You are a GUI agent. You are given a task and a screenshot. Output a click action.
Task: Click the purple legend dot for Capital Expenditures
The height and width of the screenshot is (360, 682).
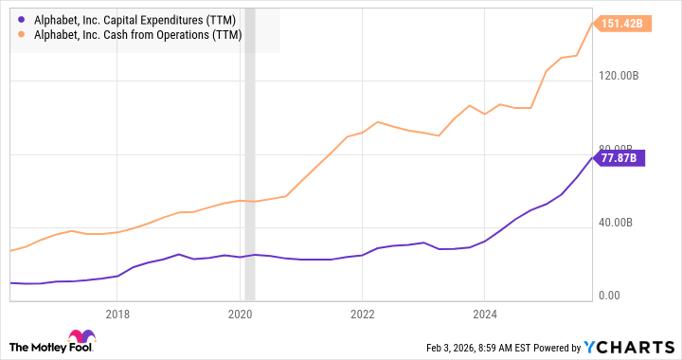[21, 20]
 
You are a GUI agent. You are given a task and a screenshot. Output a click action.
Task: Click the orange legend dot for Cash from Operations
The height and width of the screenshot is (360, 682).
[21, 36]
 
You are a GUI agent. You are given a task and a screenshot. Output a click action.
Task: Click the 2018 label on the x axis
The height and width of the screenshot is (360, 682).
[117, 315]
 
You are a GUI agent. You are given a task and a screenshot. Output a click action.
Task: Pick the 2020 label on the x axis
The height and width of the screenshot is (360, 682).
[241, 315]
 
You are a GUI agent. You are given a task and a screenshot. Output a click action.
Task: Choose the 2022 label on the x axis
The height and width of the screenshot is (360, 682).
[362, 315]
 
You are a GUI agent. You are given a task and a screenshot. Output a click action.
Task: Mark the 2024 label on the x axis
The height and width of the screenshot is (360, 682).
[484, 315]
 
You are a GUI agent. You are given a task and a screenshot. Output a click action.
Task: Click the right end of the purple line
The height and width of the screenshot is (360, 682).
[593, 157]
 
